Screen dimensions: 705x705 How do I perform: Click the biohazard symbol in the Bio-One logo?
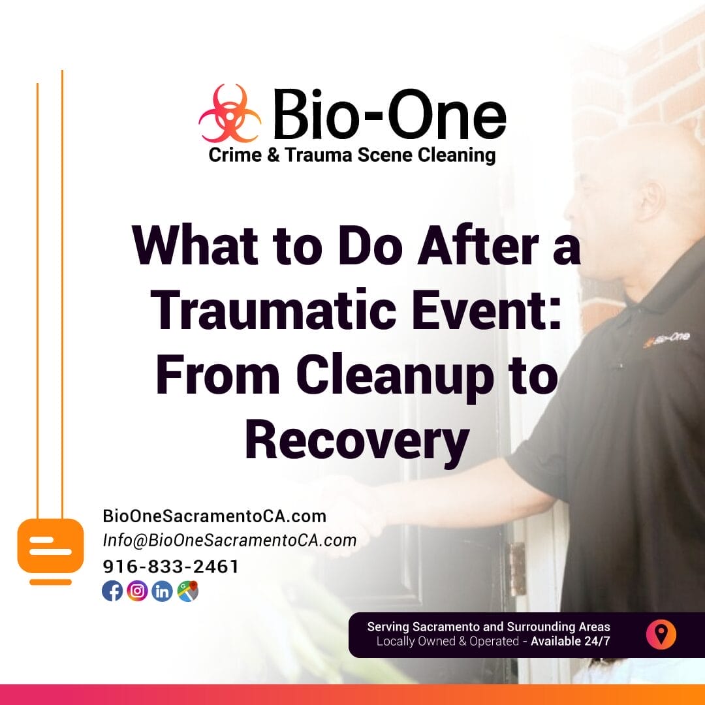click(230, 114)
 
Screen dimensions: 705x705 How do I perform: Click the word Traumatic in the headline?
click(274, 310)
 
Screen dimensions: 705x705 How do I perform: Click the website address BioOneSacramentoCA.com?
click(215, 516)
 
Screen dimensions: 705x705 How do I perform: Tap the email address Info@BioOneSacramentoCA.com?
click(230, 540)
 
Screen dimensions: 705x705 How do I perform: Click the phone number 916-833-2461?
click(170, 567)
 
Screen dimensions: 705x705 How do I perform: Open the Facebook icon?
click(112, 591)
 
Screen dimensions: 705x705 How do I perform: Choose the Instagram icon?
click(137, 591)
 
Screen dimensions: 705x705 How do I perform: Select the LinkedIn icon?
click(163, 591)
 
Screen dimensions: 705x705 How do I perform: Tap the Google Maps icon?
click(188, 591)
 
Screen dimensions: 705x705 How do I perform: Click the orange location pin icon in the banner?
click(661, 634)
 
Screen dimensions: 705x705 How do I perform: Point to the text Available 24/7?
click(571, 641)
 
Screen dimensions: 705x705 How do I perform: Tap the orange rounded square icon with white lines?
click(51, 545)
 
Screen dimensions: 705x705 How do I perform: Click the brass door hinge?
click(517, 569)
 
